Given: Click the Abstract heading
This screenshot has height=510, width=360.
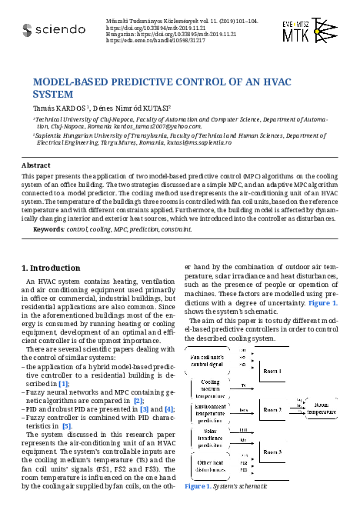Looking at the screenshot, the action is point(35,165).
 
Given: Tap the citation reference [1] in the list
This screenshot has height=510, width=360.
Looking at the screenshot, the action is point(64,383).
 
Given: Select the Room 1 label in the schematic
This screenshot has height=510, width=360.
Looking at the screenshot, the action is point(272,372).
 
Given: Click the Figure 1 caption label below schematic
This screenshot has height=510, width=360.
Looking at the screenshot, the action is point(202,487).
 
